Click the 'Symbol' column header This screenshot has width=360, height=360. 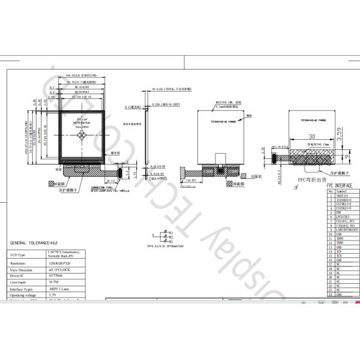343,191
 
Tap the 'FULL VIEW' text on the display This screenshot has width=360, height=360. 82,127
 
